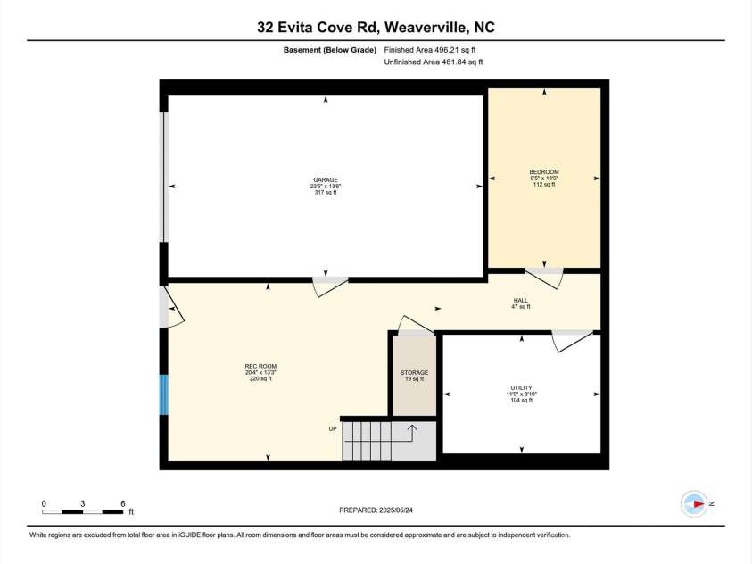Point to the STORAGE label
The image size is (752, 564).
tap(414, 372)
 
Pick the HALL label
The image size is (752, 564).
tap(521, 301)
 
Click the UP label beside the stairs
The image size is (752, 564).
tap(333, 429)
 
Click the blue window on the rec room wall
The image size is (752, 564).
tap(163, 394)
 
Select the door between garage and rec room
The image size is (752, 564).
tap(328, 285)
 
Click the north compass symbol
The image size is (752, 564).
tap(694, 503)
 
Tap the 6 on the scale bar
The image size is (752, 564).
tap(122, 504)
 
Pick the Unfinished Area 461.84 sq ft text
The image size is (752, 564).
tap(433, 62)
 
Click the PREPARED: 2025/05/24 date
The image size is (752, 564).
tap(376, 510)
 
